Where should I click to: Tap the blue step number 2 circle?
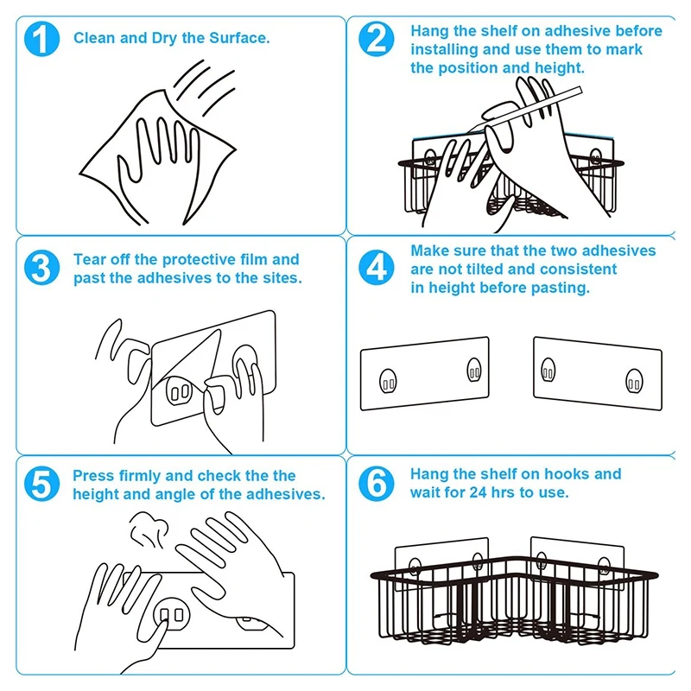[x=377, y=40]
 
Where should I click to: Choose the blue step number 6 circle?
[x=377, y=483]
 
